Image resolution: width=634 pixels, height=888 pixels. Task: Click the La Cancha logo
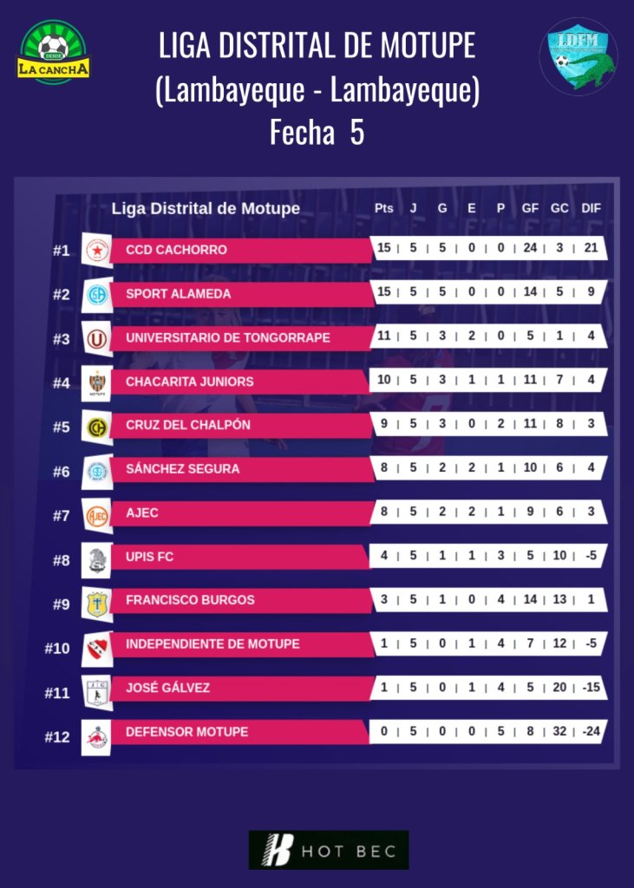click(53, 51)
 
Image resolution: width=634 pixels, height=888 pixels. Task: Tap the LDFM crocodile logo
click(578, 55)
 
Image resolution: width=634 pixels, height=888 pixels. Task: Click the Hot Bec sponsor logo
click(329, 850)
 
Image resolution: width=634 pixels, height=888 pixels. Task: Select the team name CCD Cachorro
click(176, 250)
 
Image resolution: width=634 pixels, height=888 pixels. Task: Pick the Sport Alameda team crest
click(96, 295)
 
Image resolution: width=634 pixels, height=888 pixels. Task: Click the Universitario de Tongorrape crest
click(96, 338)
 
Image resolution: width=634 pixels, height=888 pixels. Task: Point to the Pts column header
click(383, 208)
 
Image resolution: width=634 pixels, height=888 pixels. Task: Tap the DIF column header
click(591, 208)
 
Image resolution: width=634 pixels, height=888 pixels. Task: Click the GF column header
click(530, 208)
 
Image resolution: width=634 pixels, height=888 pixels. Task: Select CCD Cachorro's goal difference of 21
click(591, 248)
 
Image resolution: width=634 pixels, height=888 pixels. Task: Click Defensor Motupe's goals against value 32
click(559, 731)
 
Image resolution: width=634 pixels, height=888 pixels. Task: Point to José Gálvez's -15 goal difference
click(591, 688)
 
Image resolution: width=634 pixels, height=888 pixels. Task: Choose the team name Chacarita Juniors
click(190, 382)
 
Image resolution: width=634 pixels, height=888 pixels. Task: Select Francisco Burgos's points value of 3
click(383, 599)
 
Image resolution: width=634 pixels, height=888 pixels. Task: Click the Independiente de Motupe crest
click(96, 646)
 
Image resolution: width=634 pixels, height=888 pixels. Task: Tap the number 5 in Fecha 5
click(356, 134)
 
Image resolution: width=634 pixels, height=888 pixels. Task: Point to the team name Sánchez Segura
click(182, 469)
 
